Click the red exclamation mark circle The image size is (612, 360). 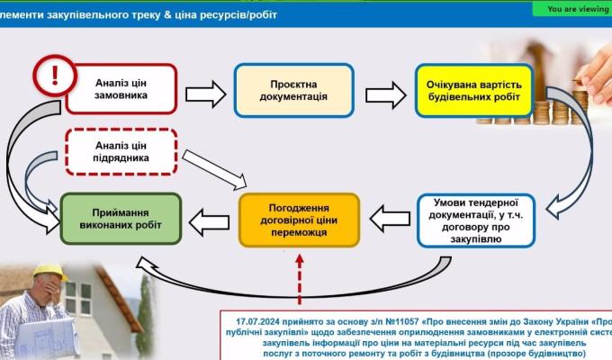[54, 73]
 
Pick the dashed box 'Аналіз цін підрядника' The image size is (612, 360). [120, 151]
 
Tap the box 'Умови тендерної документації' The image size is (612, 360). [476, 220]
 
